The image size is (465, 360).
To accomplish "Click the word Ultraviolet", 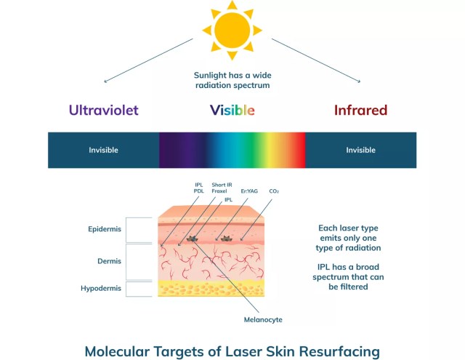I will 103,111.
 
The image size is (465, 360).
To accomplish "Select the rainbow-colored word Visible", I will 232,111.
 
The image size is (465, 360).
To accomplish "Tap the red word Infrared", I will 360,111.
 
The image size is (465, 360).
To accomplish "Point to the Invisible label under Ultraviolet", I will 103,150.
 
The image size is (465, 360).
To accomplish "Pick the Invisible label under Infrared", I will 360,150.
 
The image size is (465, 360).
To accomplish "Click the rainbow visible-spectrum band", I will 232,150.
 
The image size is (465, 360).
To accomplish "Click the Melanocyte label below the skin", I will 264,319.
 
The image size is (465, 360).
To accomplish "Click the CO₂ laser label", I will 274,191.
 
